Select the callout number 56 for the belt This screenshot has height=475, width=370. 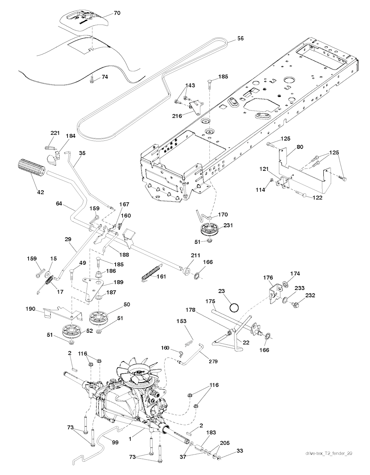pyautogui.click(x=240, y=38)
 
